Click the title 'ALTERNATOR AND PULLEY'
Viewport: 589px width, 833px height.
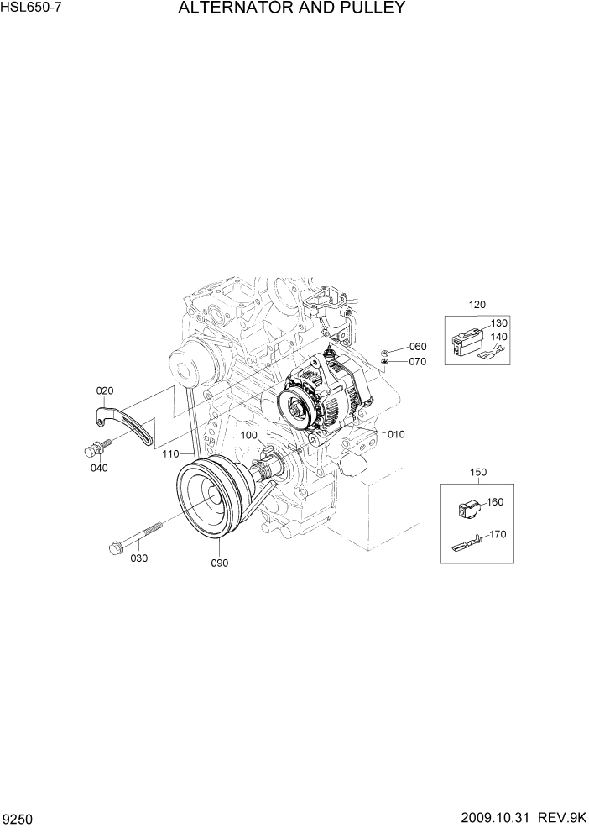click(291, 9)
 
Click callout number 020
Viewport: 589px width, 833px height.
click(105, 390)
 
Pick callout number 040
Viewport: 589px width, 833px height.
click(99, 468)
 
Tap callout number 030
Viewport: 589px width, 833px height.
click(139, 558)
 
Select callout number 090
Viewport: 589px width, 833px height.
click(220, 563)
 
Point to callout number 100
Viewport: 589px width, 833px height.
click(249, 435)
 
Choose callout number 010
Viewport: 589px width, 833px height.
click(396, 434)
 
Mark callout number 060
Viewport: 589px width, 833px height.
click(418, 347)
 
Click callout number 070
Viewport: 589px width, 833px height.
click(418, 362)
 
